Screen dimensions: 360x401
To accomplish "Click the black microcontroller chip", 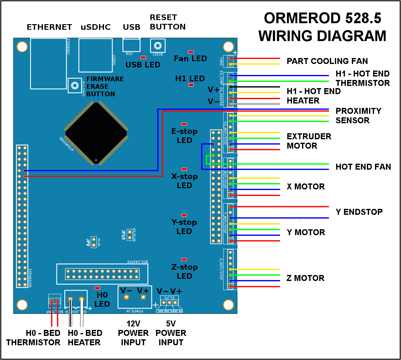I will coord(96,133).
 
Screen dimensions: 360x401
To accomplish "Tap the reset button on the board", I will coord(158,46).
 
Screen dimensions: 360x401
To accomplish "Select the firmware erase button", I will coord(75,86).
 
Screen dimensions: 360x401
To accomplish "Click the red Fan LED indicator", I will coord(190,52).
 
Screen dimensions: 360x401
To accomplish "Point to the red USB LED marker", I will coord(143,57).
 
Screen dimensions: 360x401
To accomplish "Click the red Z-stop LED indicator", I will coord(184,259).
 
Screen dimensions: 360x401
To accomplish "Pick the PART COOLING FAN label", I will coord(327,61).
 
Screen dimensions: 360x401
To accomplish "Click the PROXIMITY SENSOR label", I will coord(358,116).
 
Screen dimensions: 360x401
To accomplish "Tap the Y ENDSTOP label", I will coord(359,212).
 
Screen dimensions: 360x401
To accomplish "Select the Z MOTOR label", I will coord(305,278).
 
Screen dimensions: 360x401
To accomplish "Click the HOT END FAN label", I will coord(363,167).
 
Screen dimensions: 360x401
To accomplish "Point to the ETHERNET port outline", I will coord(49,64).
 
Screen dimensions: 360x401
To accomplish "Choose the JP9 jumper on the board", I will coord(93,242).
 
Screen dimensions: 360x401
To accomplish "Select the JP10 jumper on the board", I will coord(129,235).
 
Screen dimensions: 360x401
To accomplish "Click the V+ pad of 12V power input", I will coord(143,297).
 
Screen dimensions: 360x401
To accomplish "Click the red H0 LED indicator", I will coord(97,288).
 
